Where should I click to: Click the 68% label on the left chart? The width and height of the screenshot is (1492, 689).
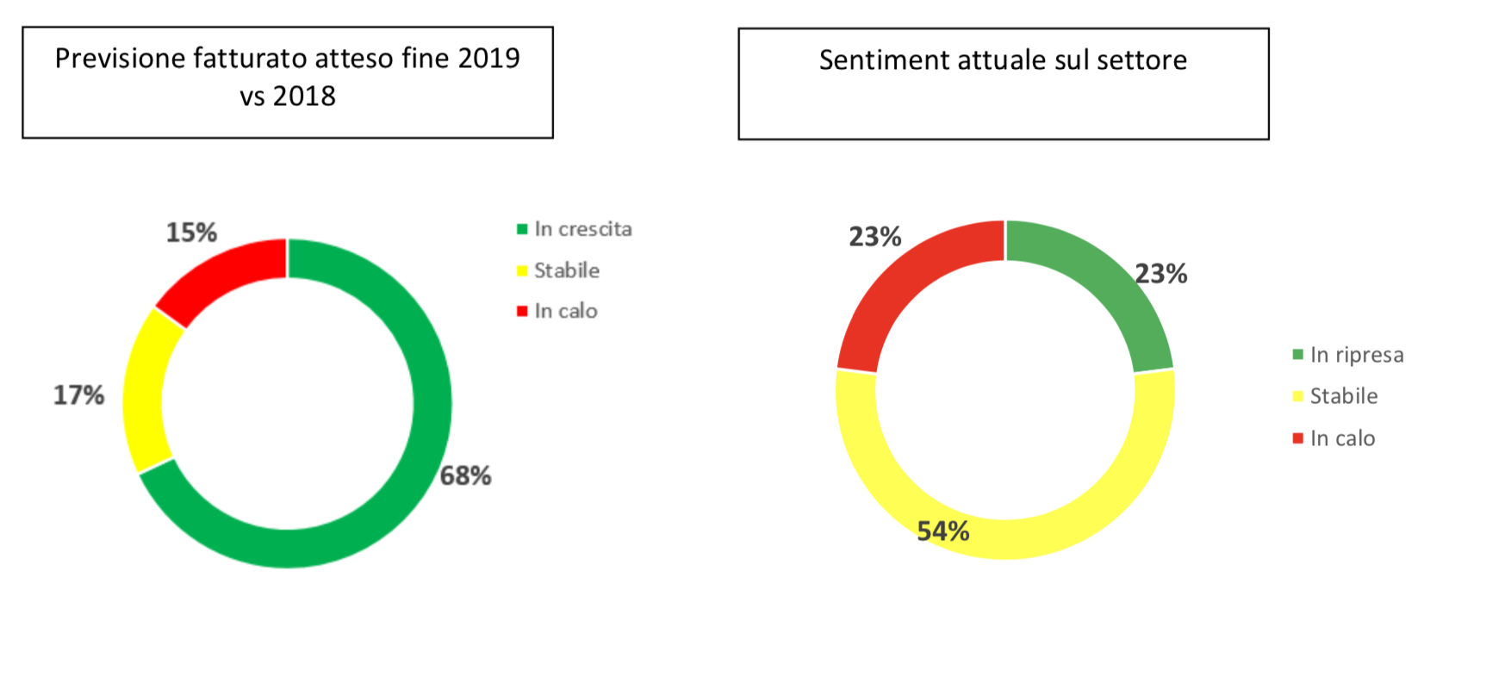point(465,475)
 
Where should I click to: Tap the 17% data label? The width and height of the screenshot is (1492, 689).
point(78,395)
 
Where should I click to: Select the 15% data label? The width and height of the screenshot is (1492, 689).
point(191,233)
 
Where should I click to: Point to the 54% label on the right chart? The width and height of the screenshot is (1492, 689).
point(942,531)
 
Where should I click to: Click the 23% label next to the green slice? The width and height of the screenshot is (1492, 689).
point(1160,274)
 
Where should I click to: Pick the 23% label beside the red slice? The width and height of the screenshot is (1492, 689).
point(874,237)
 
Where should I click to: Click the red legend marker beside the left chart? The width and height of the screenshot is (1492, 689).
point(522,311)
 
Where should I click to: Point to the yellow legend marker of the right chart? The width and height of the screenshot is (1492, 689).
point(1298,396)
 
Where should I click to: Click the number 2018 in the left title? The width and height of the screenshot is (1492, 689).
point(304,96)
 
